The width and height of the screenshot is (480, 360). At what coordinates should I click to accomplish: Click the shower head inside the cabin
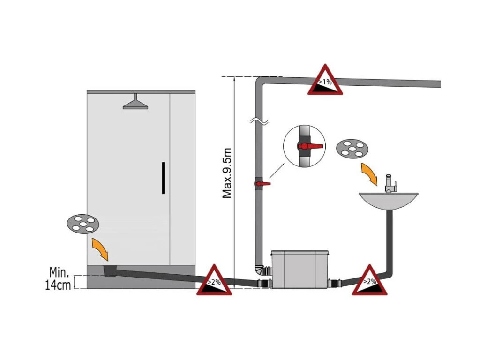tap(135, 103)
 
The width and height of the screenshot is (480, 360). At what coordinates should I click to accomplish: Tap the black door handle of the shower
tap(163, 178)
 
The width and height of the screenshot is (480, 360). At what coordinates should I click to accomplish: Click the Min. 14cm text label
tap(59, 278)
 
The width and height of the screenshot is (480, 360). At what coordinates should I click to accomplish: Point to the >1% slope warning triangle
tap(325, 81)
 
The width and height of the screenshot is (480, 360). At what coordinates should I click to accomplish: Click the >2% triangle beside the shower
tap(214, 281)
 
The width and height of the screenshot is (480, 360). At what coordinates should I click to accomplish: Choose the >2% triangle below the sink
tap(370, 281)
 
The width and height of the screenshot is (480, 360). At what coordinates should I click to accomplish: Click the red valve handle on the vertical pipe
tap(265, 183)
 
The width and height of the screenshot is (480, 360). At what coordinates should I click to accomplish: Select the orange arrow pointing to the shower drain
tap(100, 248)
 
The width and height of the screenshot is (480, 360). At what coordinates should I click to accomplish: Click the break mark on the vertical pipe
tap(259, 122)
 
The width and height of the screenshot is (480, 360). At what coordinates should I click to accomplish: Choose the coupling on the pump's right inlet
tap(335, 283)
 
